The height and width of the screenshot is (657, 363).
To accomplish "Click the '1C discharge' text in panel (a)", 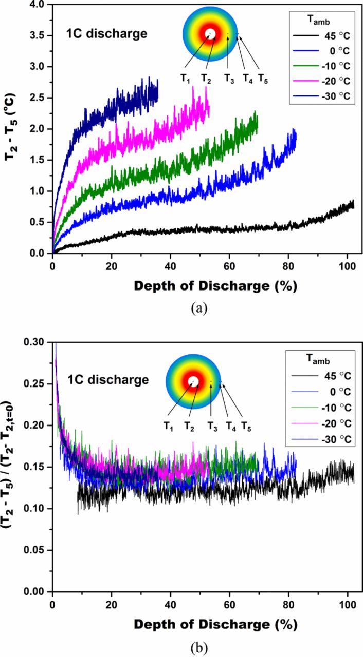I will [106, 35].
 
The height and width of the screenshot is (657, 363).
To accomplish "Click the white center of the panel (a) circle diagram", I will [210, 34].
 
